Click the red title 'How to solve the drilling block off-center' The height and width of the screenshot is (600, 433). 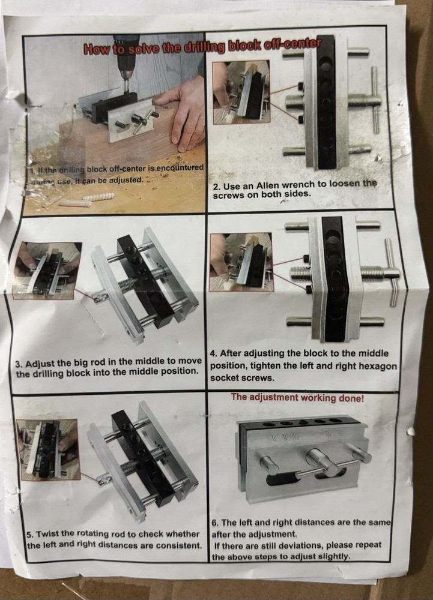pos(203,47)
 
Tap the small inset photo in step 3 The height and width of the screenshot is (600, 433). pos(46,270)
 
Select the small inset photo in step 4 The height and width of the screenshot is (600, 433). pos(240,262)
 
